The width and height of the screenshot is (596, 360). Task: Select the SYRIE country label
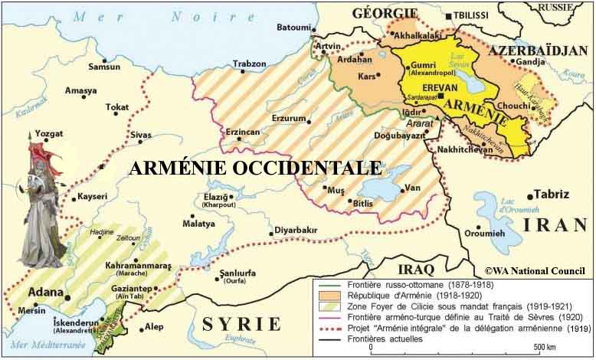pos(241,324)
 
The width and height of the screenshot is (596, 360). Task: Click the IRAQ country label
pos(416,270)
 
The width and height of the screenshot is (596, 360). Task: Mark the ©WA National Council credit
pos(535,270)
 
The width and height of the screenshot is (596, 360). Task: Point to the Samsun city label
pos(104,67)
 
